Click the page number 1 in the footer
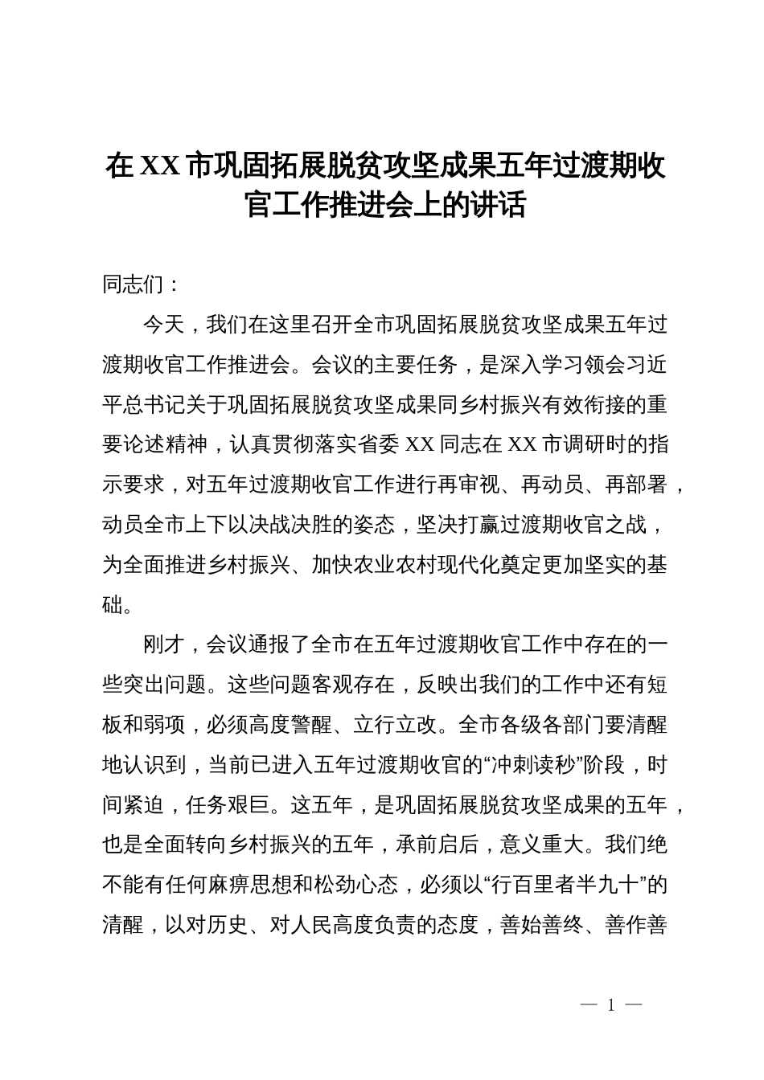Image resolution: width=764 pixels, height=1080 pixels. point(611,1005)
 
